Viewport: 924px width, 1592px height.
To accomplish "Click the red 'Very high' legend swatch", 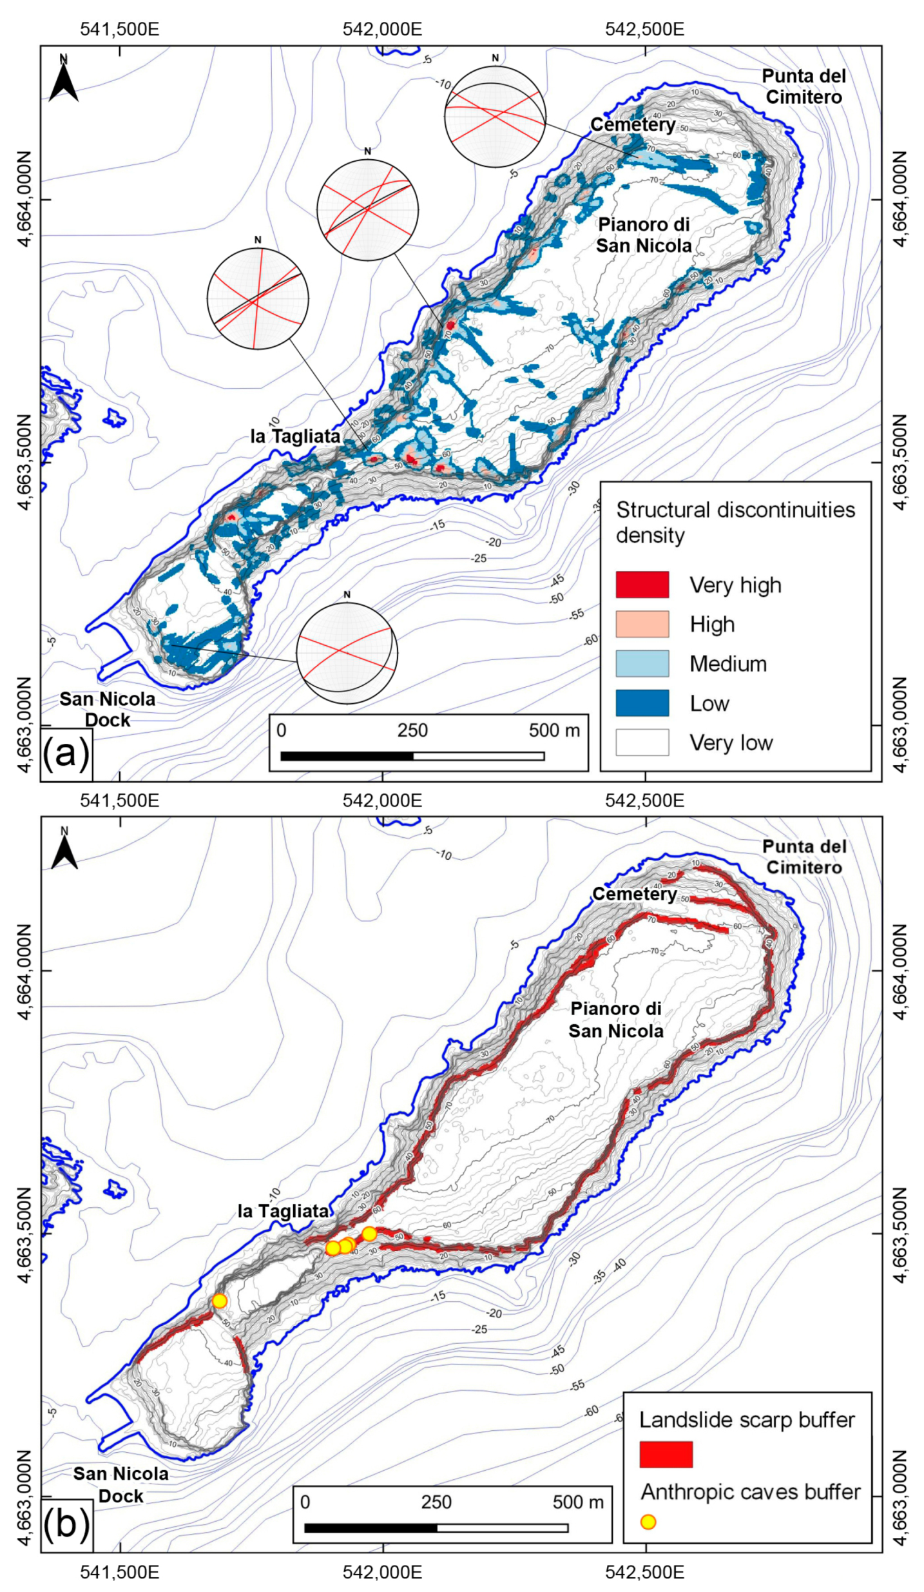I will point(642,585).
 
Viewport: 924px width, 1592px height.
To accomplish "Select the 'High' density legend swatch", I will point(642,624).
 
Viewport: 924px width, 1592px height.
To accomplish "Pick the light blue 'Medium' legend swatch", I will point(642,663).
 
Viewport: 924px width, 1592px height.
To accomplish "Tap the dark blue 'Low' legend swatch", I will point(642,703).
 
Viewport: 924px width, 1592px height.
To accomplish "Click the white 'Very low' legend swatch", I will point(642,742).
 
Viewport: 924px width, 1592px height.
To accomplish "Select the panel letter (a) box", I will point(66,753).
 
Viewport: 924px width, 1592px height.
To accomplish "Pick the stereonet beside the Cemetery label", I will point(495,117).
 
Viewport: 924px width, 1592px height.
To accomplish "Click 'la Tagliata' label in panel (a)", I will point(295,436).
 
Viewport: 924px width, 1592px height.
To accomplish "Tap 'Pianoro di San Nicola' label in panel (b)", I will point(616,1020).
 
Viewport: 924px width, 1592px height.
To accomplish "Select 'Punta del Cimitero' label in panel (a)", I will point(804,86).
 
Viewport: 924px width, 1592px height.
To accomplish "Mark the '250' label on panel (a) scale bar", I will point(412,730).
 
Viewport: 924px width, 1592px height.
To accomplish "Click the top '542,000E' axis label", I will point(382,29).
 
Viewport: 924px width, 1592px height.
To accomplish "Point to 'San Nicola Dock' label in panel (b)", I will point(121,1484).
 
